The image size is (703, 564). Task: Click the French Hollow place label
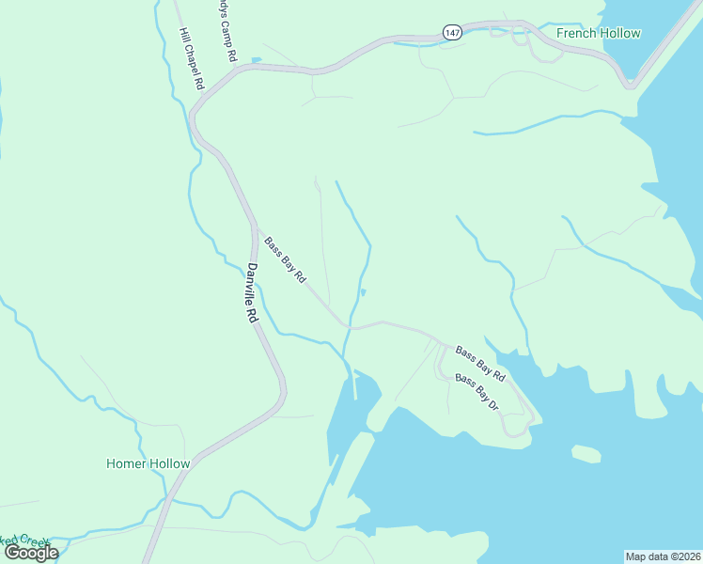(598, 34)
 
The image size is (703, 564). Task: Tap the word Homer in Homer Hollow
(125, 463)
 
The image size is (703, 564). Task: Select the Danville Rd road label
(252, 292)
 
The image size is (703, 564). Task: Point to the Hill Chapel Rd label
(192, 58)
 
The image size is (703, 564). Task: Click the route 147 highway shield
(453, 33)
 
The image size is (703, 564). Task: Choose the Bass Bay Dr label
(476, 391)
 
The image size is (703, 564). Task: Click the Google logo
(30, 553)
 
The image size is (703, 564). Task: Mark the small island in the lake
(586, 454)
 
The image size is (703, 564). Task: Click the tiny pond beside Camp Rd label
(256, 60)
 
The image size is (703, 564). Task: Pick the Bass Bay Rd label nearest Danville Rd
(285, 260)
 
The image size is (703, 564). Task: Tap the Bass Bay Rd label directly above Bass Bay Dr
(480, 364)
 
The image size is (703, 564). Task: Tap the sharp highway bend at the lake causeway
(630, 85)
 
